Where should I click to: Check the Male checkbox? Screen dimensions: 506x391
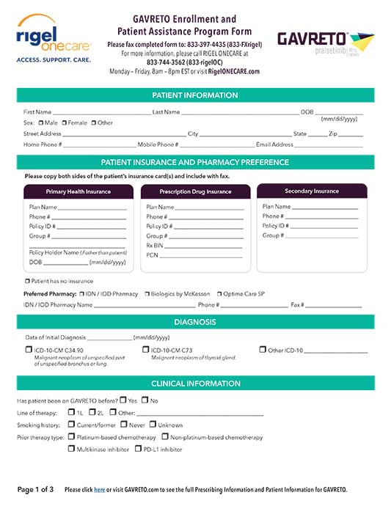[41, 123]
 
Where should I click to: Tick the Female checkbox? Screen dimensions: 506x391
[65, 123]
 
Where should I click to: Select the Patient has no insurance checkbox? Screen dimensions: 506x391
[27, 281]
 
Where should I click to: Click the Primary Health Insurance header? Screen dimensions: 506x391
[78, 191]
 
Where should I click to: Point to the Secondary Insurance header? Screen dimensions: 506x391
[311, 191]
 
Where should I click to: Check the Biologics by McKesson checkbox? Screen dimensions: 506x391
[147, 293]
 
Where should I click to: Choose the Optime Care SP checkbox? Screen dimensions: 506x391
[218, 293]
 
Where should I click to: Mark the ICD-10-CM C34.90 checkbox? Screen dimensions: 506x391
[29, 351]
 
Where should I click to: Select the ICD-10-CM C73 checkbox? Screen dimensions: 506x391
[145, 351]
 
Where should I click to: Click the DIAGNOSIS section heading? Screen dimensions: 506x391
[194, 322]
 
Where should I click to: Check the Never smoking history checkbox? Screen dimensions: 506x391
[123, 425]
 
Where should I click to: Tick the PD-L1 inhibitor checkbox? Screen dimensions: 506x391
[138, 449]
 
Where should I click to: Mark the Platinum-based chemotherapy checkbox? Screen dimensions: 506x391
[71, 437]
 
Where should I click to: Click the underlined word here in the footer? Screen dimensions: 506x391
[99, 489]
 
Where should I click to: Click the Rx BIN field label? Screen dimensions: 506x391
[153, 245]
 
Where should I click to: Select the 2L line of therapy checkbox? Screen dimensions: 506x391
[92, 412]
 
